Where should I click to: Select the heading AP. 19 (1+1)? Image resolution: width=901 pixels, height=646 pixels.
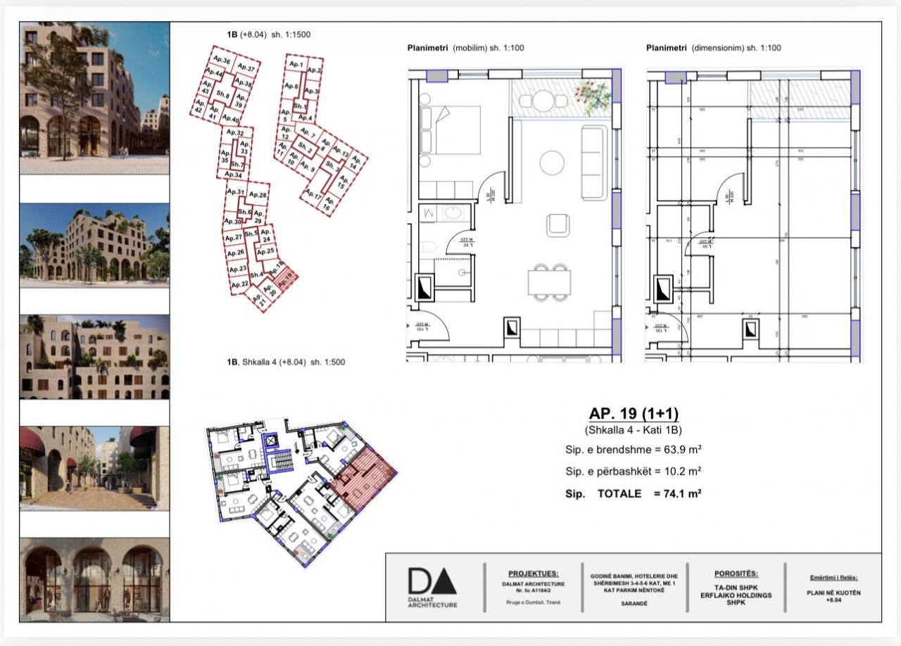coord(633,414)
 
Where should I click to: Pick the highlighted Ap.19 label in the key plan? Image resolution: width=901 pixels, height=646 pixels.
coord(285,284)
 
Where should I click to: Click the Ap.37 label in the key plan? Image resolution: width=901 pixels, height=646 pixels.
coord(245,68)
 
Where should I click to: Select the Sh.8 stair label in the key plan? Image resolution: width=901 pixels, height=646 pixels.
coord(222,94)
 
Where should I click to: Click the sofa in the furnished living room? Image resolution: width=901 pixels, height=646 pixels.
coord(594,163)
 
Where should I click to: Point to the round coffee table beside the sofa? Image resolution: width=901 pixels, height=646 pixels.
coord(552,163)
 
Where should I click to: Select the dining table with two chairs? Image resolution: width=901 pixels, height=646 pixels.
coord(550,282)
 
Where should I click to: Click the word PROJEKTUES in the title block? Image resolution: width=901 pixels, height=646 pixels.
coord(533,574)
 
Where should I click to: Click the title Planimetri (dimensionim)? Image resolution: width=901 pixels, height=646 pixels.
coord(713,48)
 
